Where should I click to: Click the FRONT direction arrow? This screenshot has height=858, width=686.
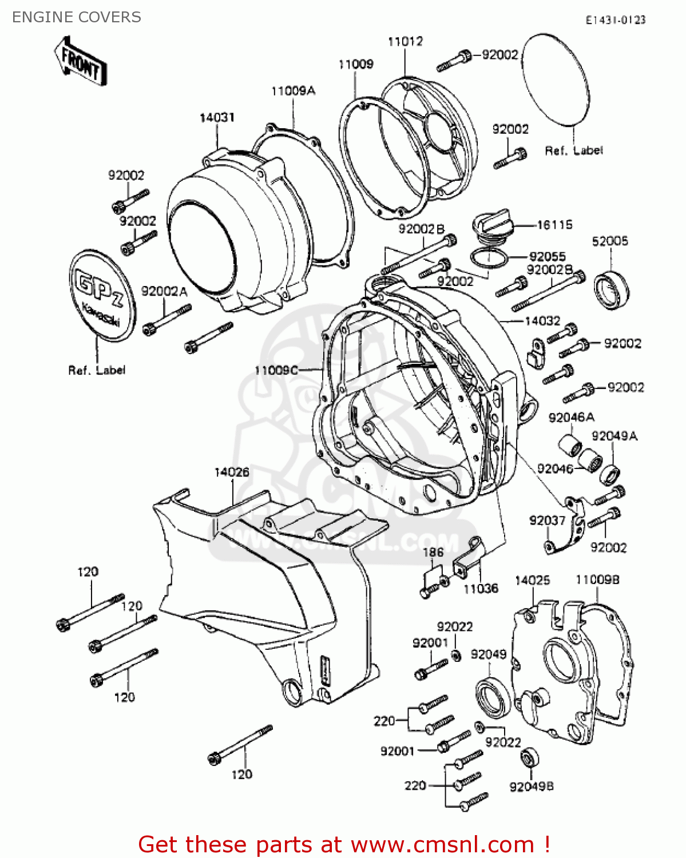pyautogui.click(x=81, y=61)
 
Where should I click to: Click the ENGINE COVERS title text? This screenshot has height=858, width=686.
pyautogui.click(x=76, y=17)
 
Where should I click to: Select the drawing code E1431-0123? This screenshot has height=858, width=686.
pyautogui.click(x=615, y=20)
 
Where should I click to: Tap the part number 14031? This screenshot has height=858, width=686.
pyautogui.click(x=217, y=117)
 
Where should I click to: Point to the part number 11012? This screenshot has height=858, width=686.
pyautogui.click(x=405, y=41)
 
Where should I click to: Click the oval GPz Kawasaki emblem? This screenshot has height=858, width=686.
pyautogui.click(x=102, y=295)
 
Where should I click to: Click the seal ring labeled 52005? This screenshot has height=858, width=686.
pyautogui.click(x=611, y=291)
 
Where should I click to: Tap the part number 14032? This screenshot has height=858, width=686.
pyautogui.click(x=542, y=321)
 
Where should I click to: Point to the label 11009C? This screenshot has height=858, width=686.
pyautogui.click(x=276, y=370)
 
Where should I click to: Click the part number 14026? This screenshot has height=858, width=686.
pyautogui.click(x=232, y=472)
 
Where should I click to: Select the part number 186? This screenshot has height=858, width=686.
pyautogui.click(x=433, y=552)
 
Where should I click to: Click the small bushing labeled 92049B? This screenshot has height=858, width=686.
pyautogui.click(x=529, y=758)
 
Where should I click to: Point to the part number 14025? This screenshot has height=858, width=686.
pyautogui.click(x=532, y=580)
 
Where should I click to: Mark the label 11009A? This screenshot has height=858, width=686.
pyautogui.click(x=293, y=91)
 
